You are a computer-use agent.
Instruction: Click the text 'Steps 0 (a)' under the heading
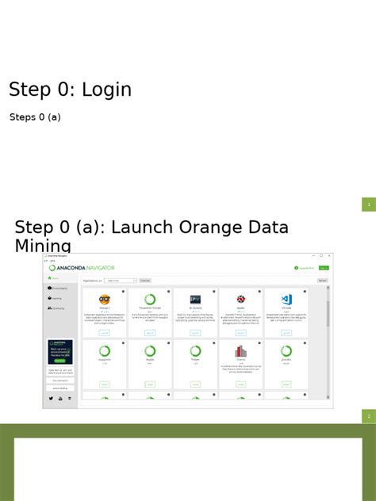[x=35, y=117]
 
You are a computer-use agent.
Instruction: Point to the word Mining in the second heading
[x=43, y=246]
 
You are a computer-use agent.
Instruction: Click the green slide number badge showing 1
[x=369, y=205]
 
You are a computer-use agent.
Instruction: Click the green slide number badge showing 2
[x=369, y=416]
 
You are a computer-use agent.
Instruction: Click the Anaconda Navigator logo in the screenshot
[x=82, y=268]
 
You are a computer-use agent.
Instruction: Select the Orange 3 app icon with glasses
[x=105, y=300]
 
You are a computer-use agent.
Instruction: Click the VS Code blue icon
[x=286, y=300]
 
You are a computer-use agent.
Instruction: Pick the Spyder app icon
[x=240, y=300]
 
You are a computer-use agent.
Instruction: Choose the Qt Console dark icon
[x=195, y=300]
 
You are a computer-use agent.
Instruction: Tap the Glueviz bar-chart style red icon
[x=240, y=350]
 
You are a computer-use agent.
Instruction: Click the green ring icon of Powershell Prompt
[x=150, y=300]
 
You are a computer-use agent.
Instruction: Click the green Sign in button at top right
[x=324, y=268]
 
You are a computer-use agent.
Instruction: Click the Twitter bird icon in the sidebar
[x=52, y=398]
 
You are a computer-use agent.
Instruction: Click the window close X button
[x=329, y=256]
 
